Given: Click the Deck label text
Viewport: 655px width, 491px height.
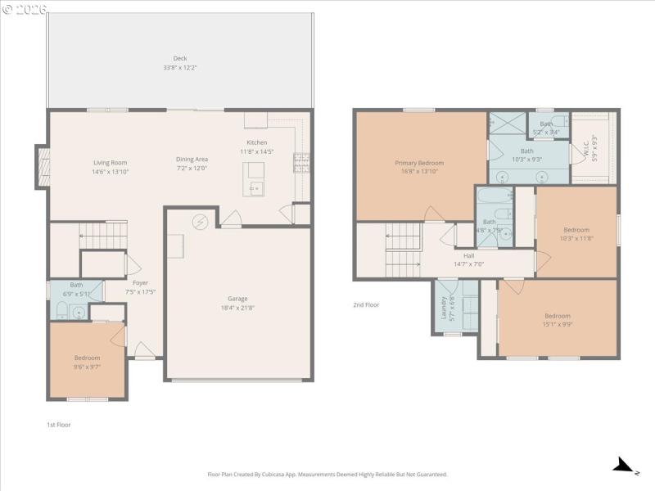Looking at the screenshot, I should (x=179, y=58).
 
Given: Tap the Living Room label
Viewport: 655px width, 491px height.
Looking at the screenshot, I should (x=110, y=163).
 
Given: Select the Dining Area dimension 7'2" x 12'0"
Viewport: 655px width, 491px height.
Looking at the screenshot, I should (x=192, y=168).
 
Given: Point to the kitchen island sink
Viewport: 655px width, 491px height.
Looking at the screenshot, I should (x=255, y=187).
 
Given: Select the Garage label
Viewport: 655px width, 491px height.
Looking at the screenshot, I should (x=237, y=299).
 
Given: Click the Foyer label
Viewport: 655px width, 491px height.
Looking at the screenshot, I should (x=140, y=282).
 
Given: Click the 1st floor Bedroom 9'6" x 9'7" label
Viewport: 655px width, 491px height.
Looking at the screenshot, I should (x=87, y=358).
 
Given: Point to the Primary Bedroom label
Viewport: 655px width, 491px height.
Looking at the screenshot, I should (x=418, y=163).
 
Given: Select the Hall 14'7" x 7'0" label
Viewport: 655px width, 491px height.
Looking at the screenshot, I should (x=469, y=255).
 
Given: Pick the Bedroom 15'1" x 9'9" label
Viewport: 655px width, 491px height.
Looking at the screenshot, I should (x=558, y=316).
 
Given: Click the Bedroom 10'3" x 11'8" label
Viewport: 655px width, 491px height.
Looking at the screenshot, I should (x=576, y=230).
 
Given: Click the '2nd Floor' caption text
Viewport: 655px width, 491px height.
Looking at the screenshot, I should (x=366, y=304).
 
